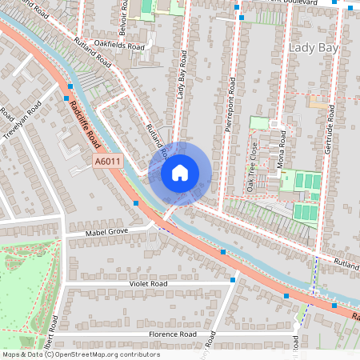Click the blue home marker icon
point(180,173)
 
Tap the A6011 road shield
point(107,162)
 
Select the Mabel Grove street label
point(107,232)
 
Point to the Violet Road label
point(147,283)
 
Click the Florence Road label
point(172,334)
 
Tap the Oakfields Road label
point(118,47)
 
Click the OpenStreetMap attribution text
point(80,354)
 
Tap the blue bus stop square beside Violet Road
point(232,280)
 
